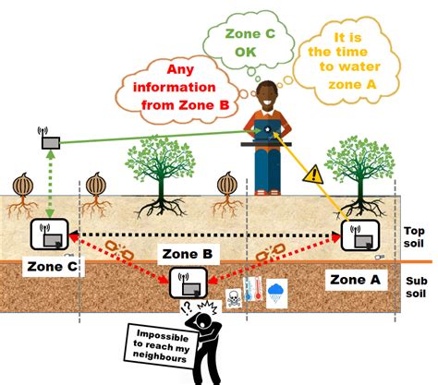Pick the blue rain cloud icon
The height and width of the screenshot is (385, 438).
275,293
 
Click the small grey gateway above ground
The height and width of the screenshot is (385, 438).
50,141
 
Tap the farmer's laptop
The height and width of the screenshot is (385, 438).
267,133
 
